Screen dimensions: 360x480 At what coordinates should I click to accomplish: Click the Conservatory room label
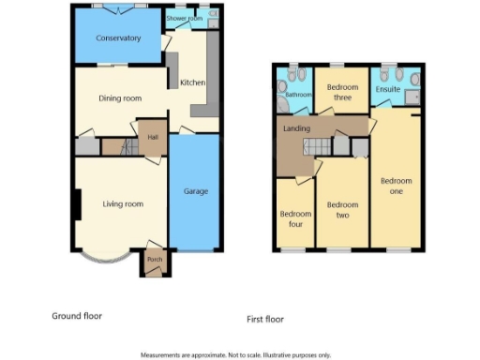119,38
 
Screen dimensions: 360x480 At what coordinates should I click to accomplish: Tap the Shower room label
184,19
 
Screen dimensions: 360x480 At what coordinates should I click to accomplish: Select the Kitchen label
193,82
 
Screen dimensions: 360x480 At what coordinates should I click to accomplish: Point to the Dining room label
120,98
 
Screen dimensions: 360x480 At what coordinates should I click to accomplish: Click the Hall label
151,137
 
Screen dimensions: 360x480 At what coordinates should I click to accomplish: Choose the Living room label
123,203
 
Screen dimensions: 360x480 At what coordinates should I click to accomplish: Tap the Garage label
196,192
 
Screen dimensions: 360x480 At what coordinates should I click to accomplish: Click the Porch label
153,260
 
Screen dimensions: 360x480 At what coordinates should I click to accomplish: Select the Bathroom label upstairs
298,95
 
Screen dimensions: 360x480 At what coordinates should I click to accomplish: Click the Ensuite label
388,90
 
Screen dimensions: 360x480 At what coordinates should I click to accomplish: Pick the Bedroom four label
296,218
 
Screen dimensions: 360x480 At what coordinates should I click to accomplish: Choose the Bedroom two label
342,209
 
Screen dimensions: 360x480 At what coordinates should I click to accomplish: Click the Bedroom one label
396,185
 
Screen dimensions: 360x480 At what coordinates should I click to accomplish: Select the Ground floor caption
77,316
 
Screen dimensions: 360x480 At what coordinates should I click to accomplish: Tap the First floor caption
264,320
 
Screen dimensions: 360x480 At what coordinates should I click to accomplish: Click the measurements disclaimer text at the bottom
235,355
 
